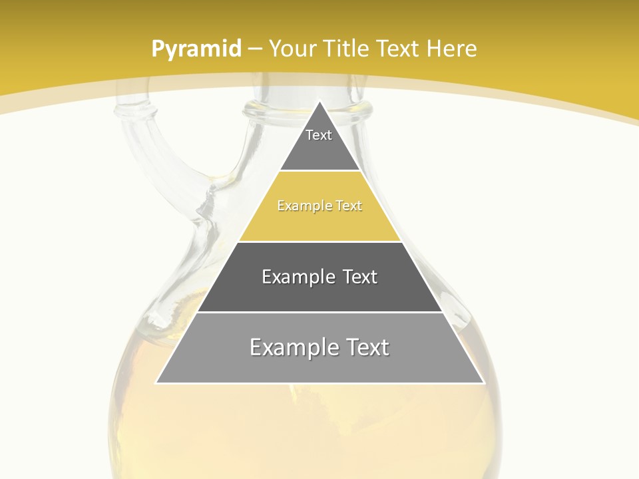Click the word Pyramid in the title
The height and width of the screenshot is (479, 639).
(196, 49)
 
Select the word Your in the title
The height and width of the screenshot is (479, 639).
(292, 49)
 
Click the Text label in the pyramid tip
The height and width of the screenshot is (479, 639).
(319, 135)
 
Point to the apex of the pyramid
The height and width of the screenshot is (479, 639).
(320, 102)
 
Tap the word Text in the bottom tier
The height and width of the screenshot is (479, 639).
(363, 347)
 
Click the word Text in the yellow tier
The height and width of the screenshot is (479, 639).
(349, 206)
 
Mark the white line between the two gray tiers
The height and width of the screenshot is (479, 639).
(319, 312)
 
